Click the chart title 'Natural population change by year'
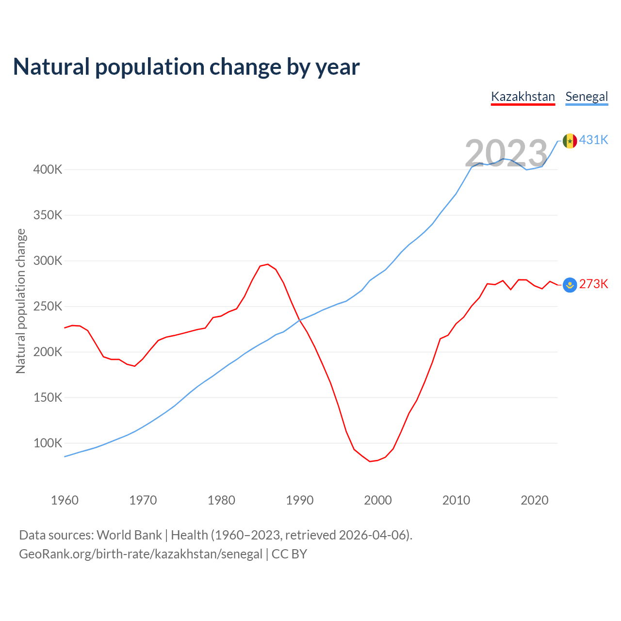(x=186, y=67)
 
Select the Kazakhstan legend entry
(x=523, y=97)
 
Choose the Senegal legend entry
(x=587, y=97)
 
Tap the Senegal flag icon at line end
(x=570, y=141)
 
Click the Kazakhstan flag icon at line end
(x=570, y=285)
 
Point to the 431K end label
(x=593, y=140)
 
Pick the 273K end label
(x=593, y=284)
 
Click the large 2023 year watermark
(x=506, y=153)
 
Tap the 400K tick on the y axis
(x=48, y=170)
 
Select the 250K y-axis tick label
(x=48, y=307)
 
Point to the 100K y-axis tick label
(x=48, y=443)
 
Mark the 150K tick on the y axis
(x=48, y=398)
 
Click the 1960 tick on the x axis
(x=65, y=500)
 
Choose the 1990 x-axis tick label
(x=299, y=500)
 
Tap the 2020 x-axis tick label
(x=534, y=500)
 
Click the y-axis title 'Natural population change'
(x=20, y=301)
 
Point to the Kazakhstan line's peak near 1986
(x=268, y=264)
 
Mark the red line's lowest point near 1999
(x=370, y=461)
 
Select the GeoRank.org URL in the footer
(x=141, y=554)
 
